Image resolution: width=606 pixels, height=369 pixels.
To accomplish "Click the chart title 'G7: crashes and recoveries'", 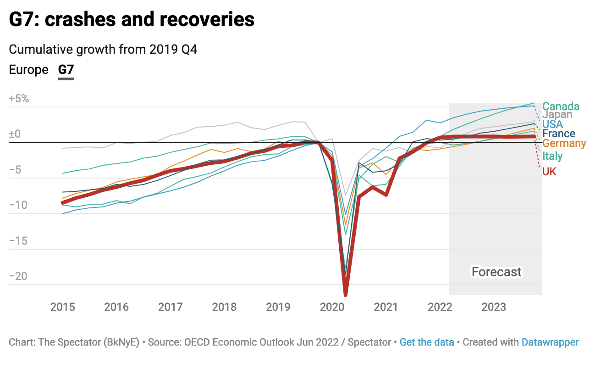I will tap(132, 20).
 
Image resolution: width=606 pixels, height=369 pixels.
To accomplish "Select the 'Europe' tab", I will tap(28, 70).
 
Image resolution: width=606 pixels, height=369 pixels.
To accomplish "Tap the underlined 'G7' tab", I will tap(66, 70).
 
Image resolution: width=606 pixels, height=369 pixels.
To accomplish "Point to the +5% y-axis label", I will tap(19, 98).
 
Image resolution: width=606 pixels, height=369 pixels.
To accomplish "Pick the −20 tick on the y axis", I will tap(19, 276).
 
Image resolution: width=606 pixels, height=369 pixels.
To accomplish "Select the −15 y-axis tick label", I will tap(19, 240).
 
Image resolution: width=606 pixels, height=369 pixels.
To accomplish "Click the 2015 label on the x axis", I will tap(62, 307).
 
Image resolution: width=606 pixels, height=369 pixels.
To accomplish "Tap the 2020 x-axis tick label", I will tap(332, 307).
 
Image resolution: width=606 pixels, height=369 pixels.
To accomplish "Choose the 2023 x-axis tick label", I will tap(494, 307).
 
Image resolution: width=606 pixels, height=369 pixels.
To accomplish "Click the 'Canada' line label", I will tap(561, 106).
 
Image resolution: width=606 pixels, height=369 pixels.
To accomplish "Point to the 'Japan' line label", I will tap(557, 115).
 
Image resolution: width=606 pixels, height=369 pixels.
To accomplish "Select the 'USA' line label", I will tap(552, 124).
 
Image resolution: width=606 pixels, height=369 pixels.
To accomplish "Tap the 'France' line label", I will tap(558, 134).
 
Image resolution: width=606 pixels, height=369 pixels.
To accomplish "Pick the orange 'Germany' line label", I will tap(564, 143).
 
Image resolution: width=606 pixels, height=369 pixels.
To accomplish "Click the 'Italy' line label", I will tap(552, 156).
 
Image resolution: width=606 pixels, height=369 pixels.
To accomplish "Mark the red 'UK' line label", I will tap(549, 172).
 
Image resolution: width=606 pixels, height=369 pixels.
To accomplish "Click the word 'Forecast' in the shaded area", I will tap(496, 272).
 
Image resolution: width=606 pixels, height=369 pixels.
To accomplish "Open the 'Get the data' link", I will tap(427, 342).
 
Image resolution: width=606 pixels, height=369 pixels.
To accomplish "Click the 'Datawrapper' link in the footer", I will tap(550, 342).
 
